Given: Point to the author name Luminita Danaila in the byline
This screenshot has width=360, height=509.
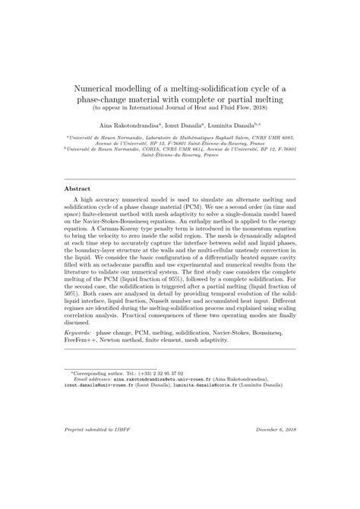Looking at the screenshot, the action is [238, 123].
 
